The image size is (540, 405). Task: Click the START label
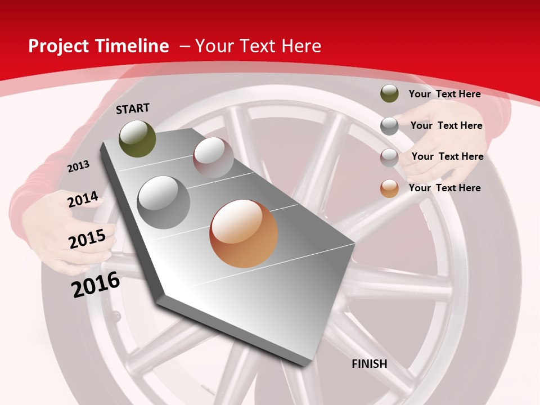[x=133, y=109]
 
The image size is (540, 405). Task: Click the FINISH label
[x=370, y=364]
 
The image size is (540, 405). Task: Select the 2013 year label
[x=79, y=166]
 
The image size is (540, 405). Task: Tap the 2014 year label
[x=83, y=200]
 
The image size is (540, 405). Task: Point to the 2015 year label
[x=87, y=239]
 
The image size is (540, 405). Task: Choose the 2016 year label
[x=96, y=285]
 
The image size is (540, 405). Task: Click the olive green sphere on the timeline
[x=137, y=138]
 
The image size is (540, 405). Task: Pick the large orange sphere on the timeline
[x=244, y=233]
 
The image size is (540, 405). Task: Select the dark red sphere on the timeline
[x=213, y=157]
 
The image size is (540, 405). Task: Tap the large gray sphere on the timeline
[x=164, y=202]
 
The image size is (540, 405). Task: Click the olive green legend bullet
[x=389, y=93]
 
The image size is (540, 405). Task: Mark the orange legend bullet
[x=389, y=188]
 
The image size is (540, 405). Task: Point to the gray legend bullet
[x=389, y=126]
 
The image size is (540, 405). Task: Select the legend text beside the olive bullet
[x=444, y=94]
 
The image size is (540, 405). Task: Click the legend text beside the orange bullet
[x=444, y=188]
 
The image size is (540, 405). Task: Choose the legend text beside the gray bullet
[x=446, y=125]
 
